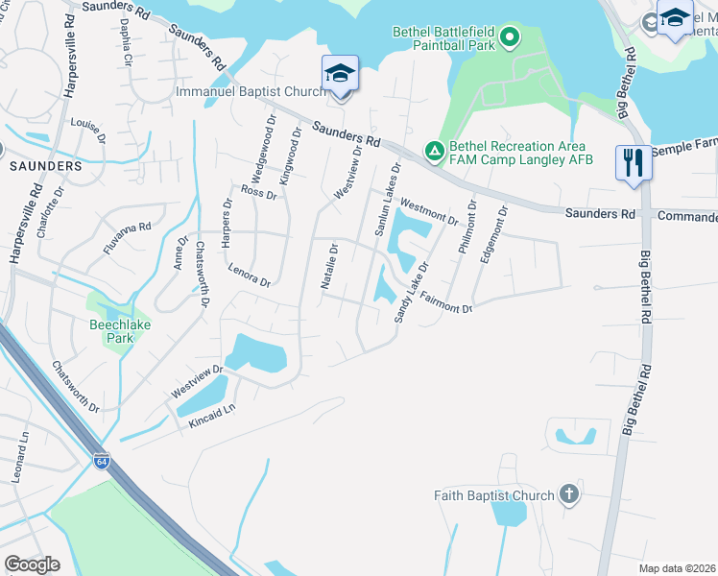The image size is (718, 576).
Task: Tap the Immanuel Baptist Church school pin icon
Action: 340,73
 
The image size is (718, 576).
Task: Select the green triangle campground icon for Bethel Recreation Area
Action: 434,151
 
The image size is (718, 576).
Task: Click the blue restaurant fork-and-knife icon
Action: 634,161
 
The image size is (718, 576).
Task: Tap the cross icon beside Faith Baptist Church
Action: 568,495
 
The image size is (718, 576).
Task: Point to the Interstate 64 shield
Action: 102,462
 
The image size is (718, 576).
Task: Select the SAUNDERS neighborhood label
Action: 46,166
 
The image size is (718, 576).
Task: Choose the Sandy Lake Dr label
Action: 410,292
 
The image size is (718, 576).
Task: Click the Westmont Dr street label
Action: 429,212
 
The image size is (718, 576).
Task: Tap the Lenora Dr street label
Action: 250,276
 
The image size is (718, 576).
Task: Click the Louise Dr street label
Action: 87,128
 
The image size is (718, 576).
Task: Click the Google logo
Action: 33,564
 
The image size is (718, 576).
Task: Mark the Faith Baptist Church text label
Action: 493,495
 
